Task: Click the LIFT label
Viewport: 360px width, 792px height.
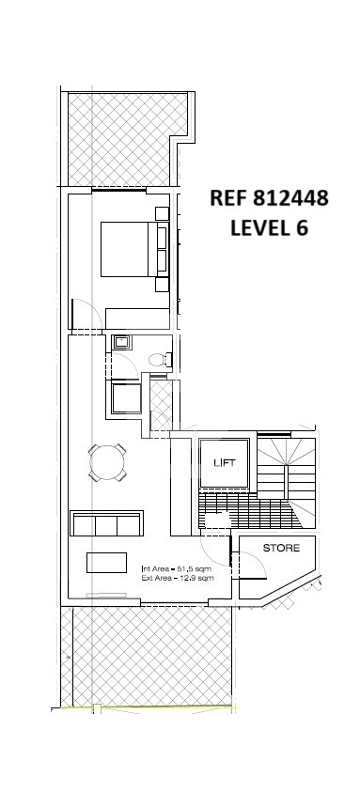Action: [225, 462]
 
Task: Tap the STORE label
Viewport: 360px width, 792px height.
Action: [281, 548]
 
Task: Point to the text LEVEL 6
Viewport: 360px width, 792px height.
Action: [269, 227]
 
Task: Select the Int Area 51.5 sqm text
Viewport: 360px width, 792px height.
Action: [177, 569]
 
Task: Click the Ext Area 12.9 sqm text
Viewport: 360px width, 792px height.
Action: [178, 578]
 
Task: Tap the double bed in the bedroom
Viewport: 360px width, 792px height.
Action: [134, 249]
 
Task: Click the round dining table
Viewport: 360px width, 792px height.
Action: [107, 462]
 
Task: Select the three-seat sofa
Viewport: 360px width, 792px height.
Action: [107, 523]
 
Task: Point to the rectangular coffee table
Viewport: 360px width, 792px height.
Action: [106, 563]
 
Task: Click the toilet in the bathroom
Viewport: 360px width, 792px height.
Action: [161, 359]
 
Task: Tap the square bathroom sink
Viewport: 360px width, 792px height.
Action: [121, 343]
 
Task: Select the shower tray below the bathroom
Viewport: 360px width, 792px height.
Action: [126, 398]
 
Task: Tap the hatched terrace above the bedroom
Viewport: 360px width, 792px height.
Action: [128, 139]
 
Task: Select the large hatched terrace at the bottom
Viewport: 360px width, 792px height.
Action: [147, 657]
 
